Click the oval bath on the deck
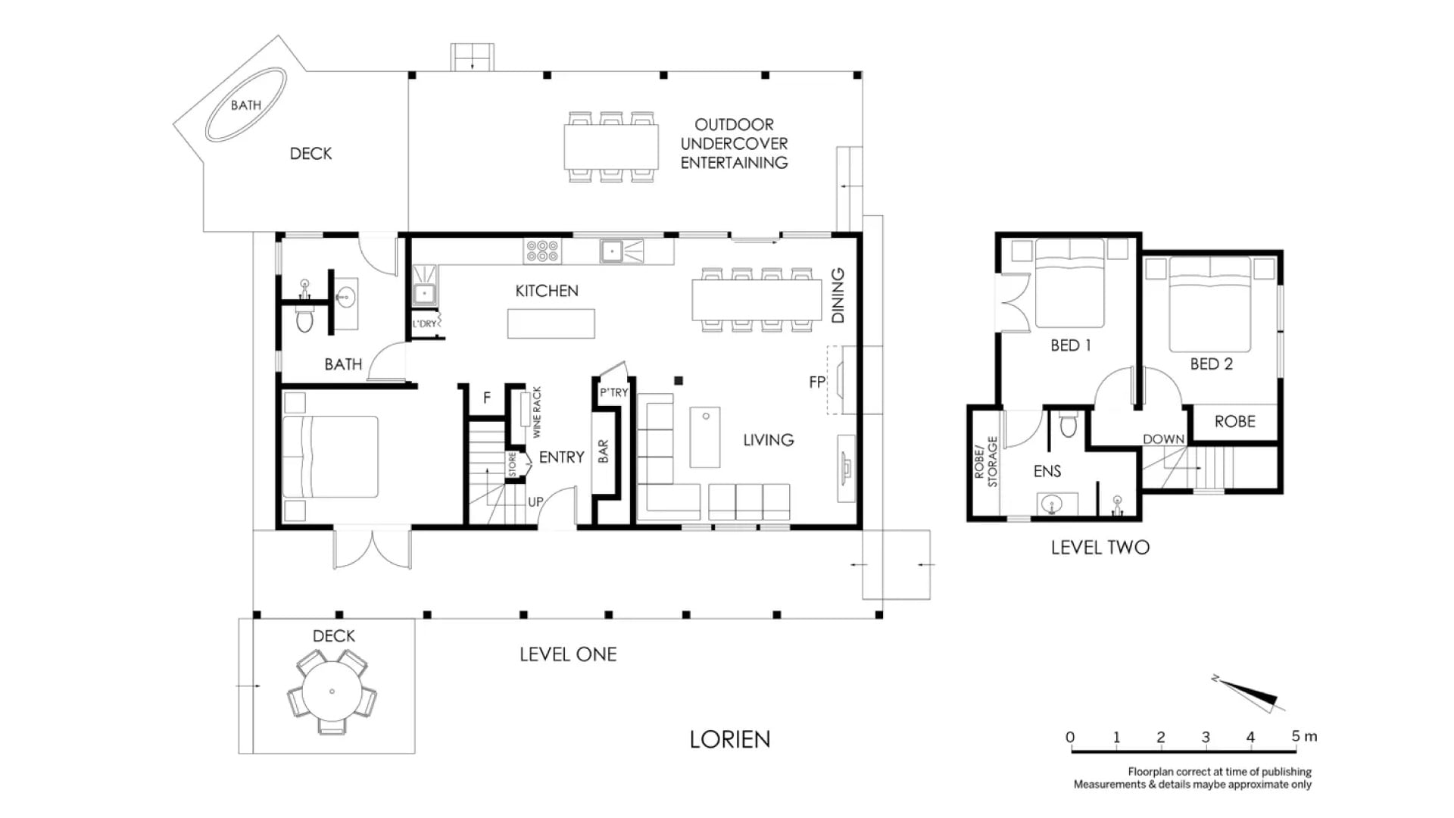point(246,105)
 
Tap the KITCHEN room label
point(547,291)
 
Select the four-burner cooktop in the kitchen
point(542,251)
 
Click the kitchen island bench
point(551,324)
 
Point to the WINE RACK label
point(537,412)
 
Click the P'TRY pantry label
point(613,392)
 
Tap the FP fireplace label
point(817,382)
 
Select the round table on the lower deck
point(332,692)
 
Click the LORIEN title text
point(729,739)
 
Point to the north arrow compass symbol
point(1250,693)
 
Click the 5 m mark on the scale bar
point(1296,737)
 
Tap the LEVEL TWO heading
point(1100,548)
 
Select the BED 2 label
point(1211,364)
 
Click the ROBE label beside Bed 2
point(1234,422)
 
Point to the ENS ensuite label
point(1047,471)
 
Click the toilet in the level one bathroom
point(304,320)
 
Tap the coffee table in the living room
point(705,438)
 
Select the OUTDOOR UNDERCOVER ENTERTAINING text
point(734,144)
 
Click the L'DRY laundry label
point(424,324)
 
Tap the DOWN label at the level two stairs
point(1163,439)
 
